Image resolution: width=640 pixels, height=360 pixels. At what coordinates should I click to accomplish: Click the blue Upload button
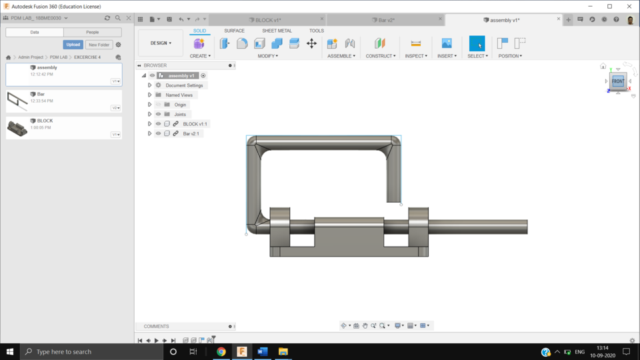point(73,45)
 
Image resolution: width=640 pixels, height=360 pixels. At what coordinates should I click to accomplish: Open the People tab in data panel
point(93,32)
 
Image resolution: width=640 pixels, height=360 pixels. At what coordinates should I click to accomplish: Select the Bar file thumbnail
point(17,101)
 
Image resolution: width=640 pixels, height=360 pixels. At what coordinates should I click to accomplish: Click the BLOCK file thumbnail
point(17,128)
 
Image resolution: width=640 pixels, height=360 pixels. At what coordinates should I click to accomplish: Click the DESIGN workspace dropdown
point(161,43)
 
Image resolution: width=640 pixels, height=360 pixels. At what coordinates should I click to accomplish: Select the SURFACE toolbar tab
point(234,31)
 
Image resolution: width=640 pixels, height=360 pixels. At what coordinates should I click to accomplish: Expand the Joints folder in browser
point(150,114)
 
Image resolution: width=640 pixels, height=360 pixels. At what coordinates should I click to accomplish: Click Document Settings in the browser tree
point(184,85)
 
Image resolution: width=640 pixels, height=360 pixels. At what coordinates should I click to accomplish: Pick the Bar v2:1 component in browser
point(191,133)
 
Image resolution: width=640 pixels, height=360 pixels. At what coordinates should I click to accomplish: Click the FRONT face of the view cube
point(618,81)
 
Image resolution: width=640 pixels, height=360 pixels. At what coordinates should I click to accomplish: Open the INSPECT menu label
point(416,56)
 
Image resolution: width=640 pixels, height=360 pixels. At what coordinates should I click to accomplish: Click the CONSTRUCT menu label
point(380,56)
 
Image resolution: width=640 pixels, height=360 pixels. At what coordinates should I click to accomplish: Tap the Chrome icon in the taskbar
point(221,351)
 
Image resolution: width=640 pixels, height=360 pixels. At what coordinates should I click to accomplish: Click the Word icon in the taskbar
point(262,351)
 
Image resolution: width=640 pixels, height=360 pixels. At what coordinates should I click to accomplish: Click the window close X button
point(627,6)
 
